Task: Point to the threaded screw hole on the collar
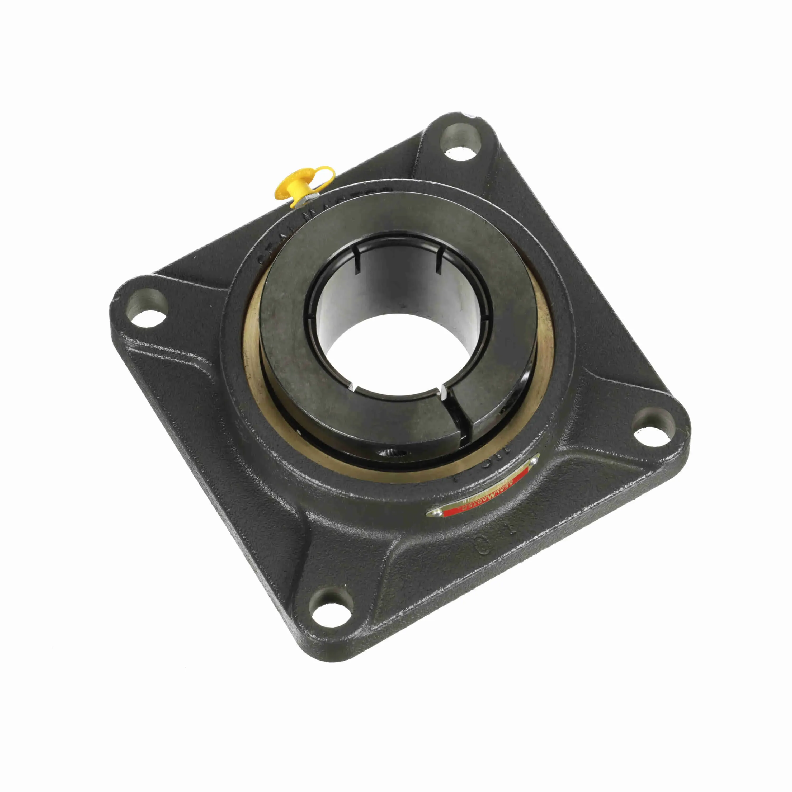coord(389,452)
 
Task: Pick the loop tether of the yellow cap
coord(324,172)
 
